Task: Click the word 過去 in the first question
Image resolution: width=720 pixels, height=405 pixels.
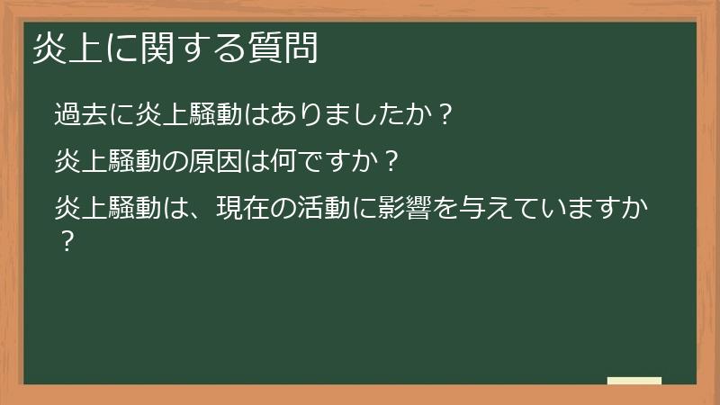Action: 80,115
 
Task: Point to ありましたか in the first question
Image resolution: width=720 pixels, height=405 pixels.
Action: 352,115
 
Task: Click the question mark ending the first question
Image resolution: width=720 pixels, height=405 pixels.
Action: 442,115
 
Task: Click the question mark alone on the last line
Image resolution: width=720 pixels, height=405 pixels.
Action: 64,242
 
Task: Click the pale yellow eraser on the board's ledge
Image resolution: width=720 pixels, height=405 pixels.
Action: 634,381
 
